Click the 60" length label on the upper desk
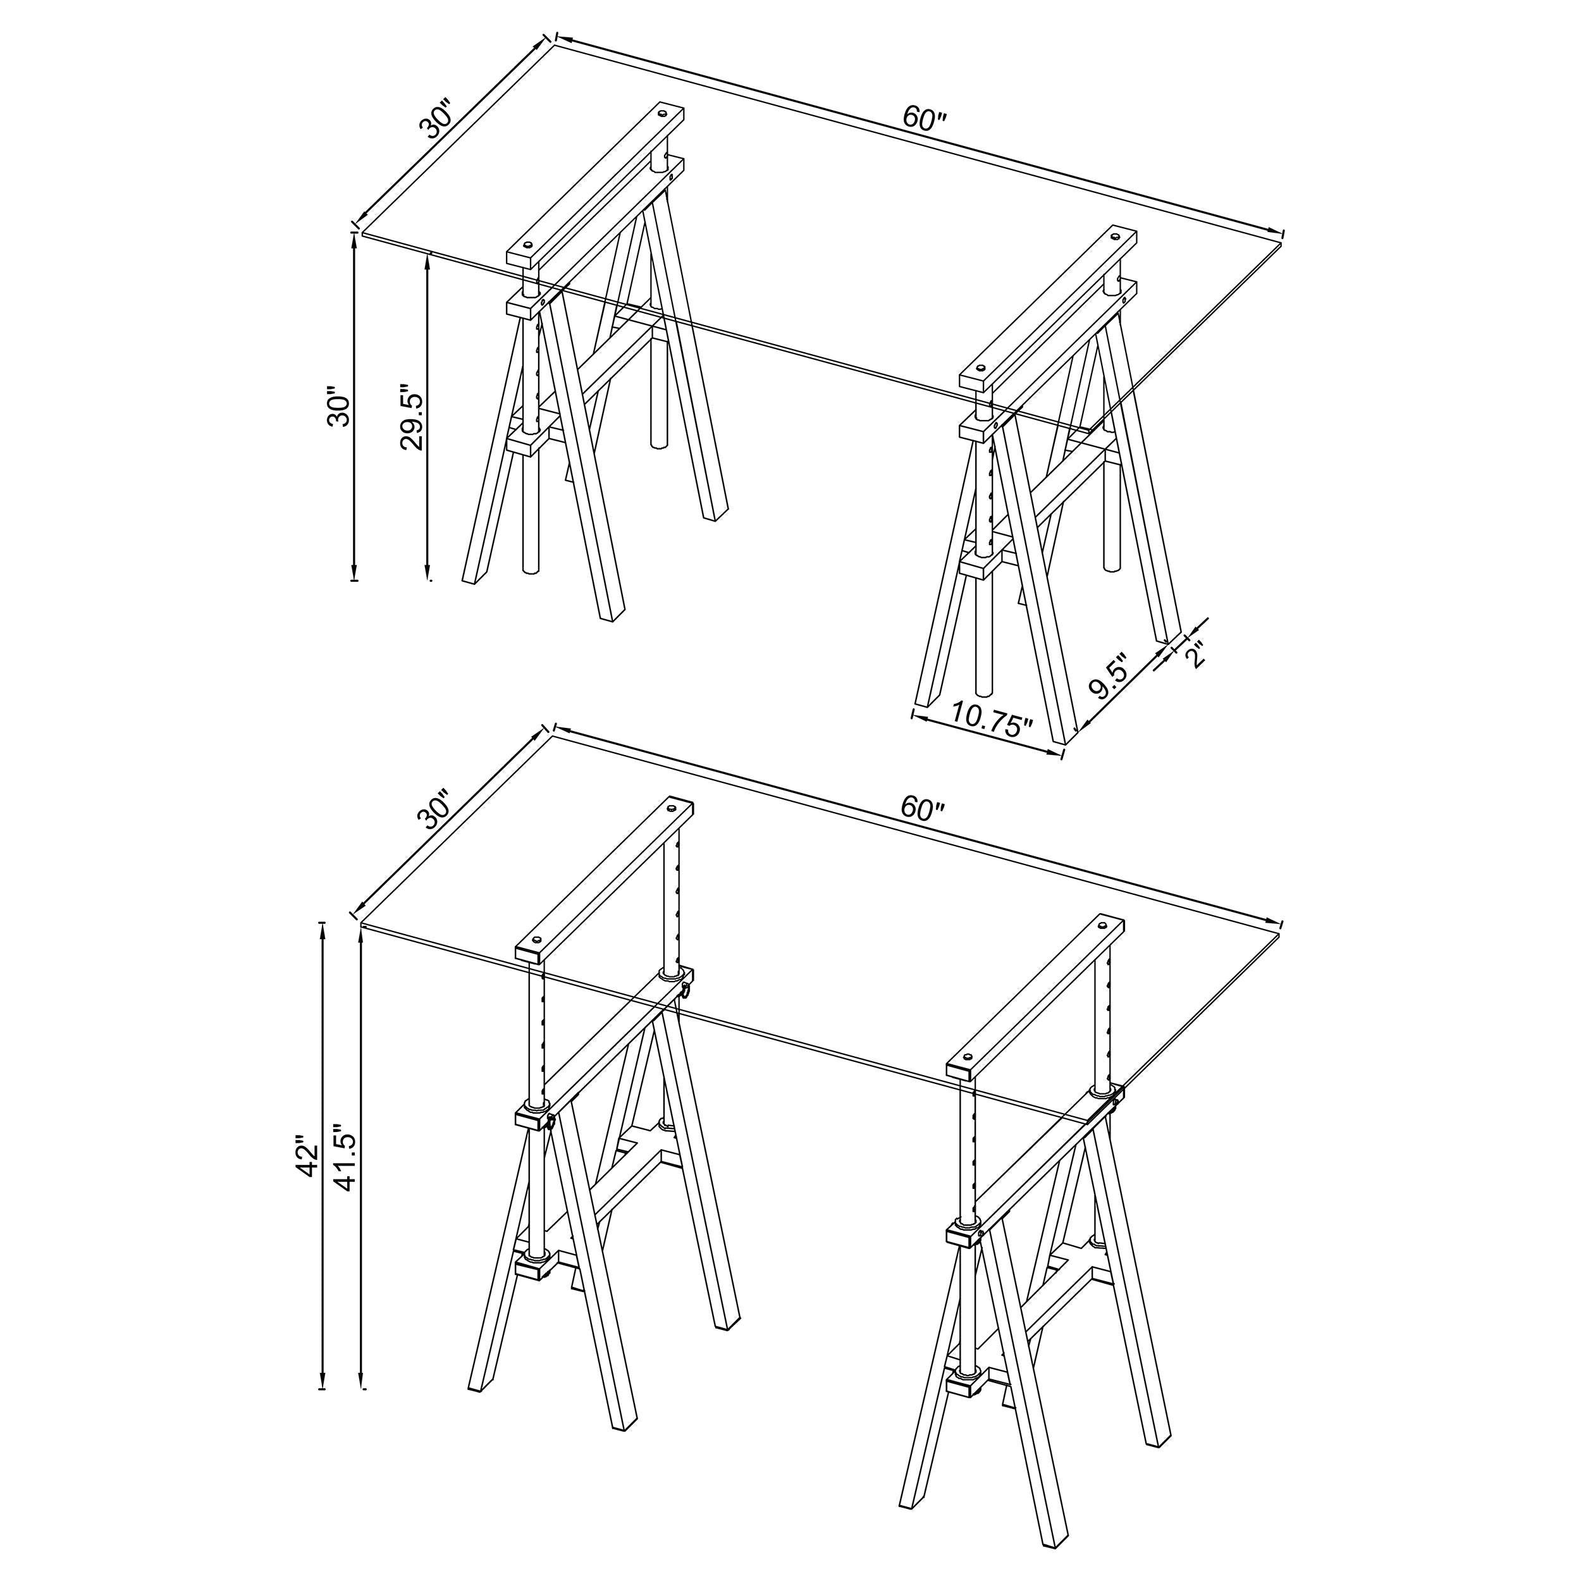tap(924, 120)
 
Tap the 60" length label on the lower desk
tap(922, 809)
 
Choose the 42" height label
tap(309, 1155)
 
